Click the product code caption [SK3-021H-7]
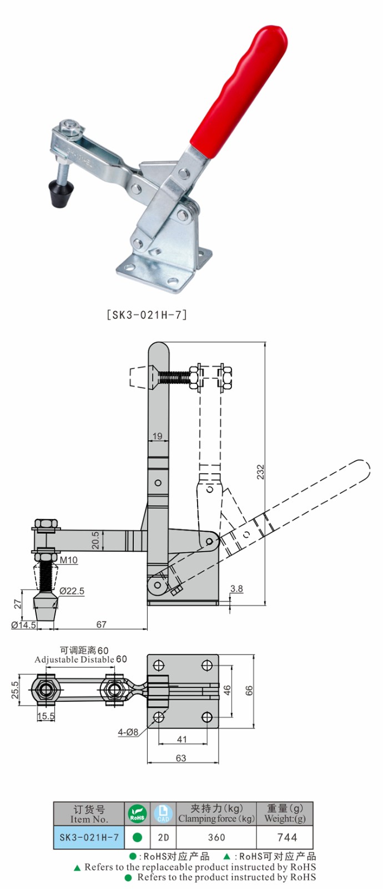coord(147,314)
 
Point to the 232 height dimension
coord(261,472)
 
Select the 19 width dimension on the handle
coord(158,436)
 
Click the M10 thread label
coord(69,560)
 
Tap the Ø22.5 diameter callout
coord(72,591)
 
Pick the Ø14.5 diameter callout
coord(24,625)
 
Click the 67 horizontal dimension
coord(101,625)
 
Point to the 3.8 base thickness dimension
coord(236,589)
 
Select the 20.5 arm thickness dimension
coord(95,541)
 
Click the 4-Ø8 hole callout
coord(128,732)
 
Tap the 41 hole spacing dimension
coord(182,740)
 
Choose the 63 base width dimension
coord(181,758)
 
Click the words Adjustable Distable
coord(74,660)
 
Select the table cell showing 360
coord(216,837)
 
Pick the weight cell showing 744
coord(287,837)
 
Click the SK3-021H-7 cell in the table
coord(89,837)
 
